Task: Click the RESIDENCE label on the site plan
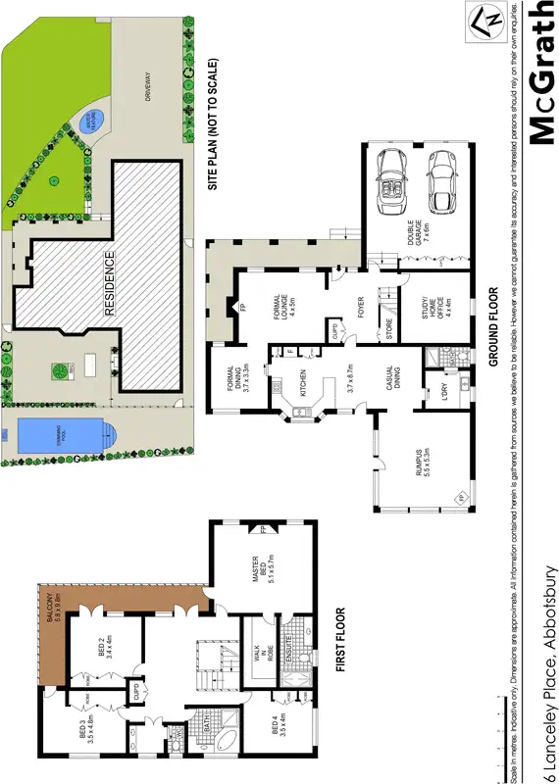pyautogui.click(x=110, y=284)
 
